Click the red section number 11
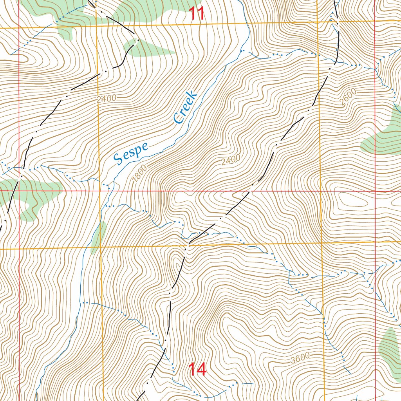(197, 14)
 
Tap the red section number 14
(197, 369)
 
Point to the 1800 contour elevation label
(139, 173)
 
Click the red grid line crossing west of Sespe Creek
(19, 191)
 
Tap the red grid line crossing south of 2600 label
(375, 191)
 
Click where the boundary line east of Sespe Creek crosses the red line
(249, 191)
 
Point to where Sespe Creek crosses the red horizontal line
(108, 191)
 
